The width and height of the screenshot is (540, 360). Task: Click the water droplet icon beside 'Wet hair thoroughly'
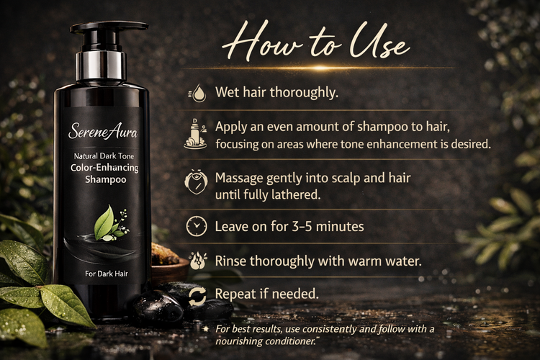[x=198, y=93]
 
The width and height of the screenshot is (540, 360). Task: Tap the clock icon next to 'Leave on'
[x=197, y=226]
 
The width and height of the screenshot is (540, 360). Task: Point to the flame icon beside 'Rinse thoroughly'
[x=198, y=261]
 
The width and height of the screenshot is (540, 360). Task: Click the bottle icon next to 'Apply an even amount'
[x=195, y=135]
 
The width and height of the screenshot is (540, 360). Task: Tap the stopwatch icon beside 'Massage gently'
[x=197, y=181]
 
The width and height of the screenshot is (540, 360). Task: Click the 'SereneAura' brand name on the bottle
[x=103, y=131]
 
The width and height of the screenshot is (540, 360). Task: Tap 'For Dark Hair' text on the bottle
[x=107, y=274]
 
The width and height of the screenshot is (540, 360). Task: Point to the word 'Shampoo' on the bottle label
[x=106, y=179]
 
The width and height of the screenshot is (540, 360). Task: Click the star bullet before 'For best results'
[x=206, y=328]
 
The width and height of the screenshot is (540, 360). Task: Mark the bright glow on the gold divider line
[x=320, y=68]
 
